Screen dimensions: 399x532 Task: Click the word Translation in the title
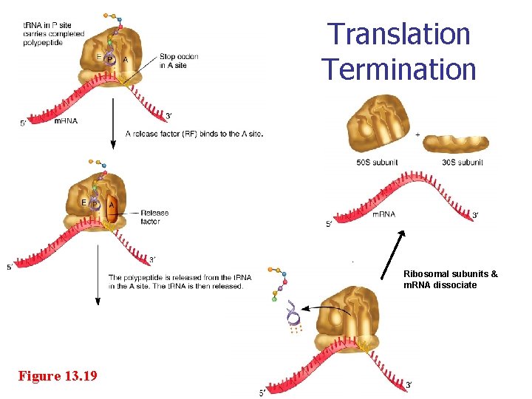point(399,34)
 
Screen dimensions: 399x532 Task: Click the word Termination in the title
point(399,69)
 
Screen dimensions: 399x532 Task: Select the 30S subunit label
point(462,163)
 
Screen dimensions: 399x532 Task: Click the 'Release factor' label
point(154,216)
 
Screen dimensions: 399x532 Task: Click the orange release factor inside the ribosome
point(112,208)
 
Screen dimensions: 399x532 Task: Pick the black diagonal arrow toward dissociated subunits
point(393,254)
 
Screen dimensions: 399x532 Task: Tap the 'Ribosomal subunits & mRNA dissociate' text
point(450,279)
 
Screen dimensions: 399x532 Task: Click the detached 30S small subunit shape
point(455,144)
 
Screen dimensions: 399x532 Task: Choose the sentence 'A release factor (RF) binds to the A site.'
point(194,134)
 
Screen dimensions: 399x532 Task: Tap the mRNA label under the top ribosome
point(66,120)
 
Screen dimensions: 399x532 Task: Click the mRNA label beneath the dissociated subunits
point(383,214)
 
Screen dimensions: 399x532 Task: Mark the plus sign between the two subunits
point(417,134)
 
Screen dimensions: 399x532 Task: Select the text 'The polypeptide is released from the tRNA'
point(180,278)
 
